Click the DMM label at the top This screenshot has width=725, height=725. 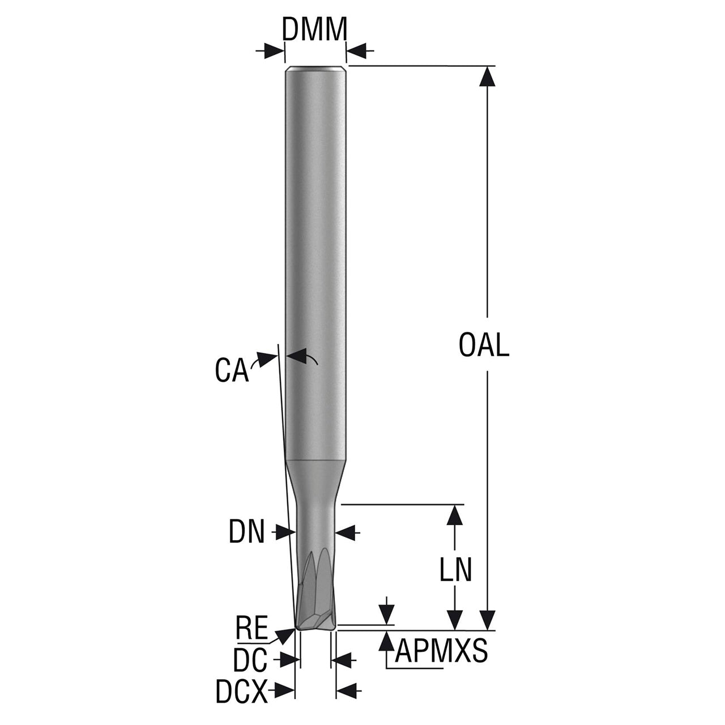(314, 29)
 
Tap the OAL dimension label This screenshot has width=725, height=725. (484, 345)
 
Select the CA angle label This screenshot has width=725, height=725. (232, 370)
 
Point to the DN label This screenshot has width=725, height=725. (247, 532)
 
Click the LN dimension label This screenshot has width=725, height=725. (455, 570)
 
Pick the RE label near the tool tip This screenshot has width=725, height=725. (251, 627)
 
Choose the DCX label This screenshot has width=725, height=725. (241, 691)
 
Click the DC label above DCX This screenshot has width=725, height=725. (250, 660)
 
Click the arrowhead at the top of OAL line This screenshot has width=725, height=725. (488, 77)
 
